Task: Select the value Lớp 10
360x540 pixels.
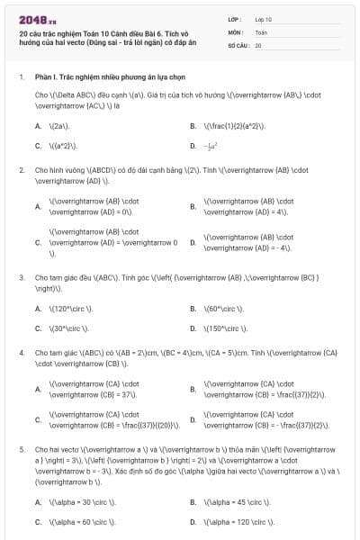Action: (x=263, y=18)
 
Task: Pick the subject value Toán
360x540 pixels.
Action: (x=261, y=31)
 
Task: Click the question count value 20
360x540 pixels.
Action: (x=258, y=44)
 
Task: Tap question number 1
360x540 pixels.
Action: (x=21, y=77)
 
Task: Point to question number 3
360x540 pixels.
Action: (x=21, y=277)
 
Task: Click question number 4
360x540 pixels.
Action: (x=21, y=352)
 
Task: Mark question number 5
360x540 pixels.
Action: (x=21, y=447)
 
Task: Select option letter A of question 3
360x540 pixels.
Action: (x=38, y=308)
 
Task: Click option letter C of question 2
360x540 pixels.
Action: (x=38, y=242)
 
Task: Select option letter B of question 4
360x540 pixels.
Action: (x=193, y=389)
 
